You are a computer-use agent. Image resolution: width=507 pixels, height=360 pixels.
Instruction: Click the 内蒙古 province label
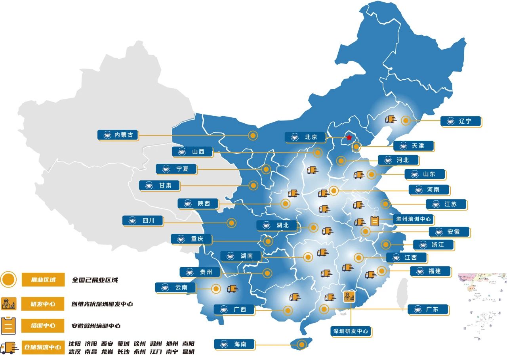coord(118,135)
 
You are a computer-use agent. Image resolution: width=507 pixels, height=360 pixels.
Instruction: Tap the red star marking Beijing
coord(349,138)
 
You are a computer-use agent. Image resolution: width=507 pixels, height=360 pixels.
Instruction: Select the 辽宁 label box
coord(461,121)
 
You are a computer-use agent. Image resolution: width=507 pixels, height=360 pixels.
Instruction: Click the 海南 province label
coord(234,344)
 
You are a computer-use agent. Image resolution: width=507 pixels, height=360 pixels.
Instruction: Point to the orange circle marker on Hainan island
coord(302,345)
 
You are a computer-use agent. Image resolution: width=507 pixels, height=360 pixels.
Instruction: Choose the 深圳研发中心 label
coord(351,331)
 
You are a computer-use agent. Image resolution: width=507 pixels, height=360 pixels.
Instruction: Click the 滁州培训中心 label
coord(414,219)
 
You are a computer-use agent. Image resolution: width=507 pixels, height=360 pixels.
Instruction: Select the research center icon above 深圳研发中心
coord(349,297)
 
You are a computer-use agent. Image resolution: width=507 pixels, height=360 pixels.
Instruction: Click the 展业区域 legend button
coord(43,280)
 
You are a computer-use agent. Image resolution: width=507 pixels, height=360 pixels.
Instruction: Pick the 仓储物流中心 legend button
coord(43,347)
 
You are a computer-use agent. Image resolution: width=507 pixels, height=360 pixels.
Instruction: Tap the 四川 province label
coord(143,221)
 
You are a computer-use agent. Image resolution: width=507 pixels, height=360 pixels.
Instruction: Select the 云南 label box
coord(175,287)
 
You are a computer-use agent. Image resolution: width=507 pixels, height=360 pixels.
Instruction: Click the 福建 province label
coord(430,271)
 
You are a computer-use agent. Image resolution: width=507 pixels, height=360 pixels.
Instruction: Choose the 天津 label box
coord(414,146)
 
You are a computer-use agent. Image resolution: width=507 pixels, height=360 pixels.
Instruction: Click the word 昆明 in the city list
coord(188,352)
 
